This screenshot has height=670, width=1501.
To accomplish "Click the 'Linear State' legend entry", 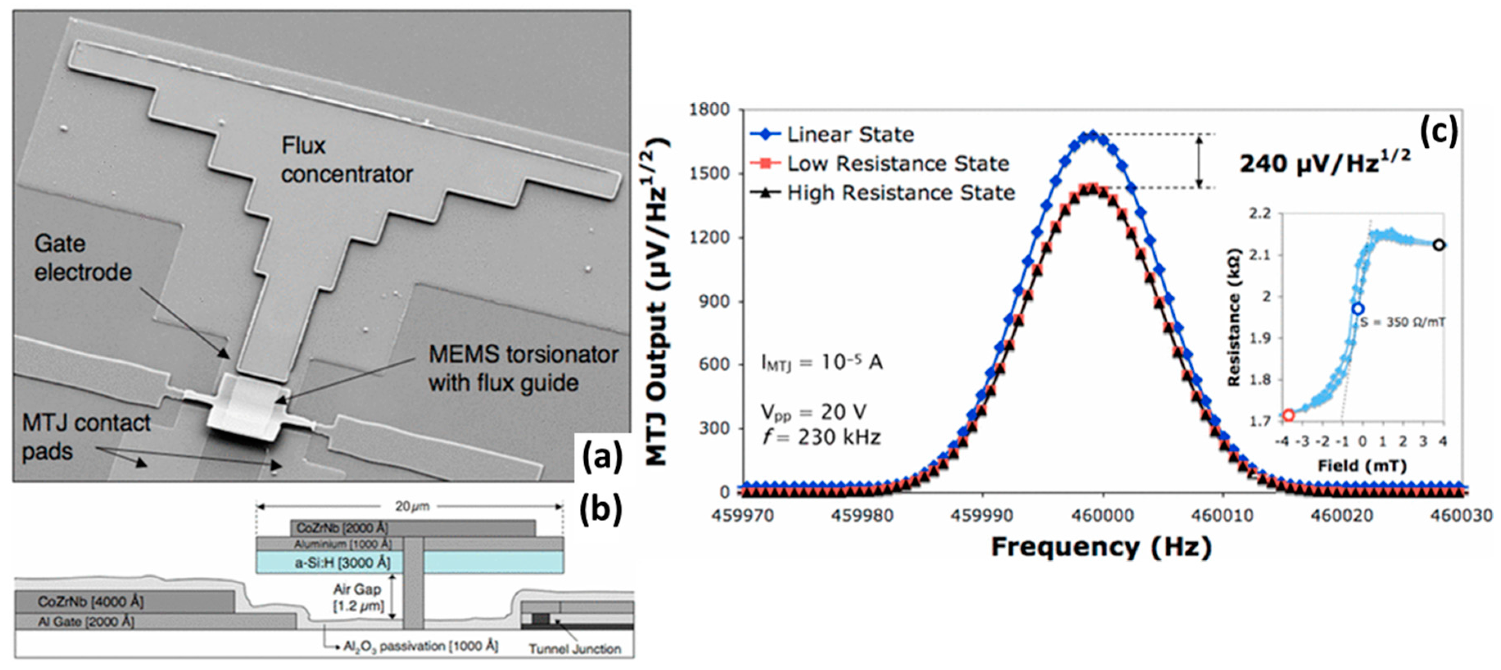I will coord(850,135).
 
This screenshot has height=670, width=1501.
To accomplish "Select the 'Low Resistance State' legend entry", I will coord(897,164).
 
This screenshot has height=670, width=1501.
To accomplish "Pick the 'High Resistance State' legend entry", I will coord(900,193).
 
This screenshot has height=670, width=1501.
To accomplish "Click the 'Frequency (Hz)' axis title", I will coord(1101,548).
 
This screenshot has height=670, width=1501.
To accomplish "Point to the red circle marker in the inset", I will coord(1289,415).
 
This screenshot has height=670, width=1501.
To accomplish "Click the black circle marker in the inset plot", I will coord(1439,245).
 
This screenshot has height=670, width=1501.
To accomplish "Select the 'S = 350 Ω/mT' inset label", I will coord(1402,322).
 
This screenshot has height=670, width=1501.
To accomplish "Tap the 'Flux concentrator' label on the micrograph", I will coord(347,160).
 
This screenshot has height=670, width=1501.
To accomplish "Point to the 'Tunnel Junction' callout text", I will coord(574,648).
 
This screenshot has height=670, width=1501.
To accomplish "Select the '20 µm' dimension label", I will coord(412,506).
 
